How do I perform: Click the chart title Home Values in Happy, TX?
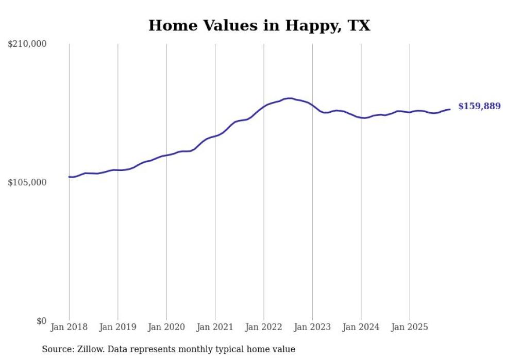pyautogui.click(x=259, y=25)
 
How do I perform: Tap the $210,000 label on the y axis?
pyautogui.click(x=27, y=44)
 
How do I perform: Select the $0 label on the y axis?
pyautogui.click(x=41, y=321)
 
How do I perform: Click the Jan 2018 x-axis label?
pyautogui.click(x=69, y=327)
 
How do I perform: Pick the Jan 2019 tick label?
pyautogui.click(x=117, y=327)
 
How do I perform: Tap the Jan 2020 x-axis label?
pyautogui.click(x=166, y=327)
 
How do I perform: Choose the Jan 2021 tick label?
pyautogui.click(x=215, y=327)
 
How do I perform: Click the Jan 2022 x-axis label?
pyautogui.click(x=264, y=327)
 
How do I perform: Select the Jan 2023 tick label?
pyautogui.click(x=312, y=327)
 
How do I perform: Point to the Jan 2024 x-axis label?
pyautogui.click(x=361, y=327)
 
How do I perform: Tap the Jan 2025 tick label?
pyautogui.click(x=410, y=327)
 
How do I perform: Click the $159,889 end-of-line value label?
pyautogui.click(x=479, y=107)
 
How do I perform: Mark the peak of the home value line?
pyautogui.click(x=290, y=98)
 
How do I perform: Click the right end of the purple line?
pyautogui.click(x=450, y=109)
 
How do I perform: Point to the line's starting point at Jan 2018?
pyautogui.click(x=69, y=177)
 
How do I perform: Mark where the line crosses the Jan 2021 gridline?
pyautogui.click(x=215, y=136)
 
